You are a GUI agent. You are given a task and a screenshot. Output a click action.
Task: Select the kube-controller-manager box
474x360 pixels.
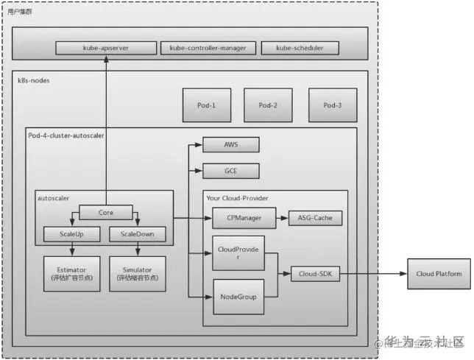tap(208, 48)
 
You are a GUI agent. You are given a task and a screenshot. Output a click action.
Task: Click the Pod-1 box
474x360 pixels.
tap(206, 105)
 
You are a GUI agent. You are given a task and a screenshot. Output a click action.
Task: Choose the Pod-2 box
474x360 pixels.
tap(268, 105)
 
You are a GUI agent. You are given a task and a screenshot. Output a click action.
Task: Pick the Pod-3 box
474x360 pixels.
tap(333, 105)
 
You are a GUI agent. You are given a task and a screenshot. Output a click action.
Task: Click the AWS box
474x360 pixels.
tap(231, 145)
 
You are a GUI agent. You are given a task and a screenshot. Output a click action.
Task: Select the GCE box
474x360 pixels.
tap(231, 171)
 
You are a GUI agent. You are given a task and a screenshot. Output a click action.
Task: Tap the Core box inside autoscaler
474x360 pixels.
tap(105, 212)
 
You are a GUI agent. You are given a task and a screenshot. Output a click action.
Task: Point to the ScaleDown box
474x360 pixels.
tap(138, 235)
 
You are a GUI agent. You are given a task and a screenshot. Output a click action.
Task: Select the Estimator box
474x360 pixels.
tap(71, 274)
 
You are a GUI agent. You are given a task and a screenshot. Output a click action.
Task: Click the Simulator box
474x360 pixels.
tap(138, 274)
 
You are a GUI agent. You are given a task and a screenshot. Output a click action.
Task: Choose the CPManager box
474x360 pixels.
tap(243, 218)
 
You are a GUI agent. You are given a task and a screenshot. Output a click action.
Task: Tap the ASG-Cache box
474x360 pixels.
tap(315, 218)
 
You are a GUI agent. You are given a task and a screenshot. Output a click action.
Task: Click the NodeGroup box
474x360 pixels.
tap(237, 297)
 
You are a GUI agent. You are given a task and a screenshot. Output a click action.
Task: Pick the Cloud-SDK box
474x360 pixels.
tap(315, 274)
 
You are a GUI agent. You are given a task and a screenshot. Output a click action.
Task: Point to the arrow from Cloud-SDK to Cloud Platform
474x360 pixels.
tap(372, 274)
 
